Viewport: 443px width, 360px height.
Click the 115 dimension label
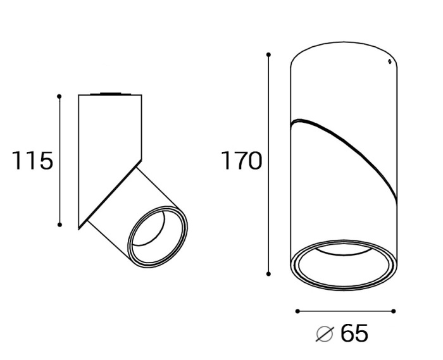pyautogui.click(x=32, y=160)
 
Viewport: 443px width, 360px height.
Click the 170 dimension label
pyautogui.click(x=242, y=160)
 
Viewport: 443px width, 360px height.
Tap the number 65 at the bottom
pyautogui.click(x=354, y=333)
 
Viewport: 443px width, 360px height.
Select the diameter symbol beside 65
pyautogui.click(x=325, y=333)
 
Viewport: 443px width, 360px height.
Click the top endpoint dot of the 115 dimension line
pyautogui.click(x=59, y=97)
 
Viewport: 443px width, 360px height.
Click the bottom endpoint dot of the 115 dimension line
pyautogui.click(x=59, y=225)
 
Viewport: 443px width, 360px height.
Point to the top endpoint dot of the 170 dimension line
pyautogui.click(x=269, y=54)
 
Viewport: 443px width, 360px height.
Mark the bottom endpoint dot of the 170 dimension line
pyautogui.click(x=269, y=274)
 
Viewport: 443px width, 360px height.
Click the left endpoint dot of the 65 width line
pyautogui.click(x=297, y=311)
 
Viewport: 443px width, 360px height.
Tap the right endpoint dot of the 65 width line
pyautogui.click(x=394, y=311)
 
